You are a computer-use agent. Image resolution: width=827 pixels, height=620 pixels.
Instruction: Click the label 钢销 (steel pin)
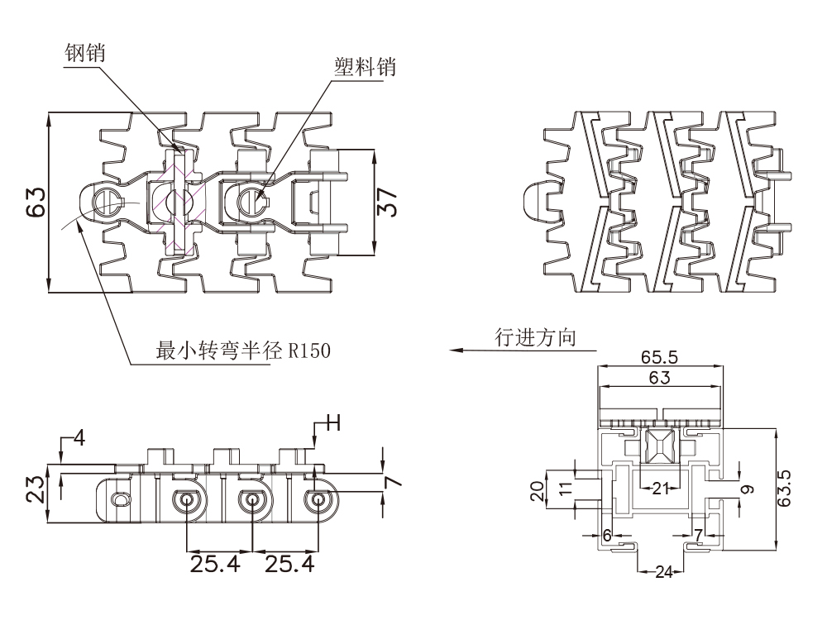pyautogui.click(x=84, y=53)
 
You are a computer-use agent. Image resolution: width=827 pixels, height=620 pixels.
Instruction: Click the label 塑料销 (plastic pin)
pyautogui.click(x=365, y=67)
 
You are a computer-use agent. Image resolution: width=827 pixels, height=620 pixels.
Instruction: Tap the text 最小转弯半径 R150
pyautogui.click(x=243, y=350)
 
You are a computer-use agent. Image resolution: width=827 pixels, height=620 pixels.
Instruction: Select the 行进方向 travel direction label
pyautogui.click(x=535, y=337)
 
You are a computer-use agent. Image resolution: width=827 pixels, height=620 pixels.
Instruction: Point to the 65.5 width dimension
pyautogui.click(x=659, y=357)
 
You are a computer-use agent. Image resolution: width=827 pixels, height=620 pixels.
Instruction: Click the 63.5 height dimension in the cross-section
pyautogui.click(x=784, y=489)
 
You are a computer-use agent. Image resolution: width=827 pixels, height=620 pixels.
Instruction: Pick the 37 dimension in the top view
pyautogui.click(x=388, y=202)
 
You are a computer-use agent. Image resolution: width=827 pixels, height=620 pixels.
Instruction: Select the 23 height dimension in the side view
pyautogui.click(x=36, y=489)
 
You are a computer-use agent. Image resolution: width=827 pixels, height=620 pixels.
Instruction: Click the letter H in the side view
pyautogui.click(x=333, y=422)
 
